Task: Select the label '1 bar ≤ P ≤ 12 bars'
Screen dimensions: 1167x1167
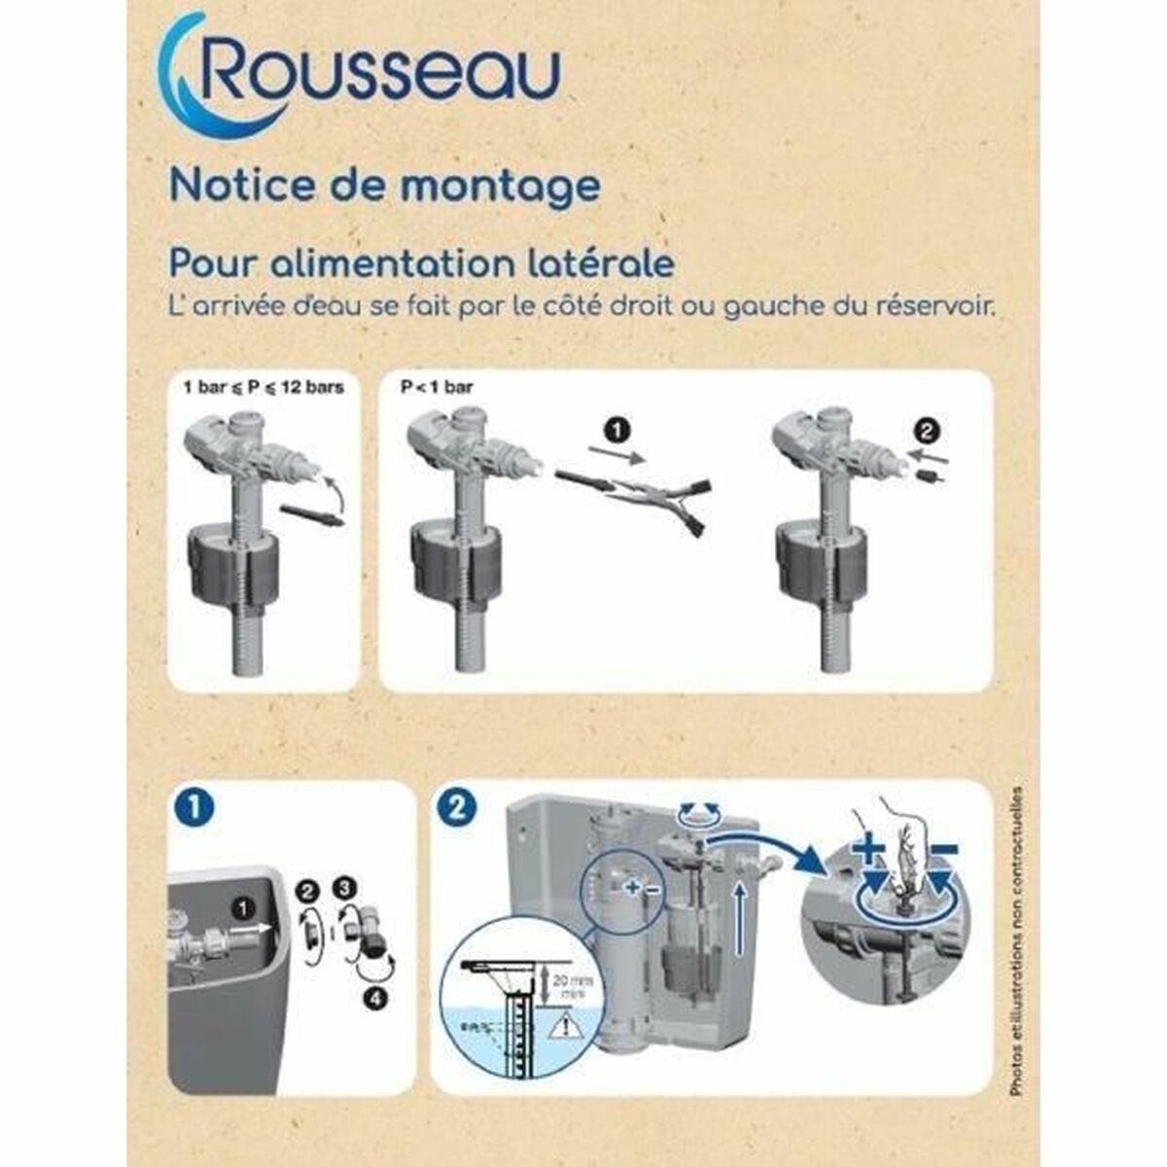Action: tap(264, 387)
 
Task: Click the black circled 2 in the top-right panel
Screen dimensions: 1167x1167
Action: tap(930, 429)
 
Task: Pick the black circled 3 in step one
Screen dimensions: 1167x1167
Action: tap(342, 887)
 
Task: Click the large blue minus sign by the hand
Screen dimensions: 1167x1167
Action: tap(943, 849)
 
